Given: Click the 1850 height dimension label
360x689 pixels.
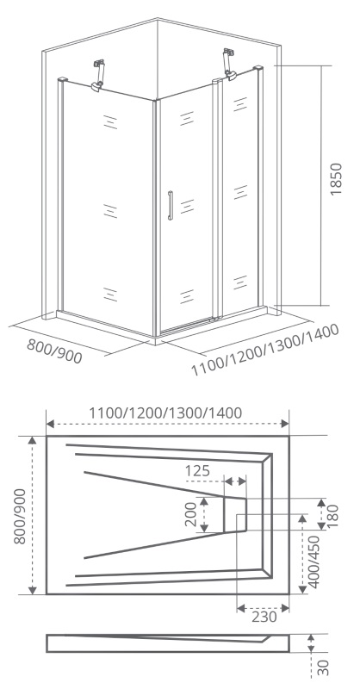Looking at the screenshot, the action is tap(335, 179).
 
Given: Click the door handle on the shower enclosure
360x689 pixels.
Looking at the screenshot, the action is tap(171, 205).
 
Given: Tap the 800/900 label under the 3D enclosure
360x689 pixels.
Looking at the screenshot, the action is tap(54, 351).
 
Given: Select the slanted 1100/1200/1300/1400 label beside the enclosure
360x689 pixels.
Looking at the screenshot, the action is tap(265, 351).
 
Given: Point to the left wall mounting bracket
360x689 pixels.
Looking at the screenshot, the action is tap(99, 75).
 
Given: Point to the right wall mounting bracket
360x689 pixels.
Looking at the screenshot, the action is tap(229, 64).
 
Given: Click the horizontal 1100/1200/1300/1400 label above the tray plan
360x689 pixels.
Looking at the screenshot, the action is tap(165, 413).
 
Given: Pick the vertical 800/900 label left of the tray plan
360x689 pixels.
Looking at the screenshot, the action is tap(20, 516).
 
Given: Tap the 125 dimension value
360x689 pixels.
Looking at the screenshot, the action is tap(197, 470).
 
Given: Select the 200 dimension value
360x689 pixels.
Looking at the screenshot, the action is tap(191, 514).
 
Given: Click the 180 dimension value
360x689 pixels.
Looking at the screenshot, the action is tap(334, 516).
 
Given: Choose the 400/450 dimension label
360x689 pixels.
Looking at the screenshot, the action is tap(314, 562).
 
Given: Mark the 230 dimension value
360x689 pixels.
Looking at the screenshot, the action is tap(264, 617).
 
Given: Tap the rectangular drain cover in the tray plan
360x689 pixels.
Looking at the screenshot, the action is tap(235, 514).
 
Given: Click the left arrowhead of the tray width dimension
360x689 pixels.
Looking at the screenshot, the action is tap(50, 424).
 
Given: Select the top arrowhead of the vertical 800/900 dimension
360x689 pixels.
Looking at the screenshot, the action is tap(33, 440).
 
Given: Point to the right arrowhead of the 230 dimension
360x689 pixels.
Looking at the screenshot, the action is tap(285, 608).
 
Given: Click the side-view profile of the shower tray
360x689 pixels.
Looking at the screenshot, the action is tap(168, 642).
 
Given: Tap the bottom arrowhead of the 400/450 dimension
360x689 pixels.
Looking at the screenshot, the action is tap(302, 589).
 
